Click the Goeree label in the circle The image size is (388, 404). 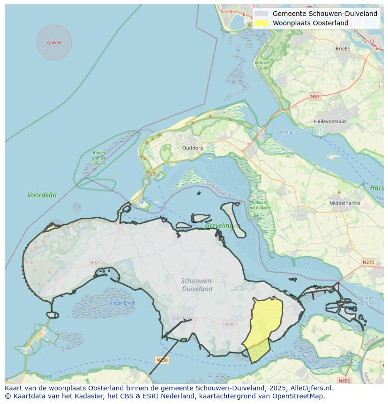point(54,43)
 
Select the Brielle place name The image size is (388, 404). point(343,48)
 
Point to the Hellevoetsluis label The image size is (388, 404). point(330,121)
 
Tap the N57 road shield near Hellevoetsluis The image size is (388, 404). point(315,97)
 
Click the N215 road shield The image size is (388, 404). point(368,262)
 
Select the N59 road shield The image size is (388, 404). point(229,324)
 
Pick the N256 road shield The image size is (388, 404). point(162,360)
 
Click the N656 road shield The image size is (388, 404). point(344,381)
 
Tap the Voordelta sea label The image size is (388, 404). point(42,195)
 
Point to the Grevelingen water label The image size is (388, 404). point(223,226)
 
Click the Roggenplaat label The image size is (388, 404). point(123,303)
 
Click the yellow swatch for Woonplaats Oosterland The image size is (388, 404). point(261,23)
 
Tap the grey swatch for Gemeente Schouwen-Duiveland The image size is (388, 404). point(261,14)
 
